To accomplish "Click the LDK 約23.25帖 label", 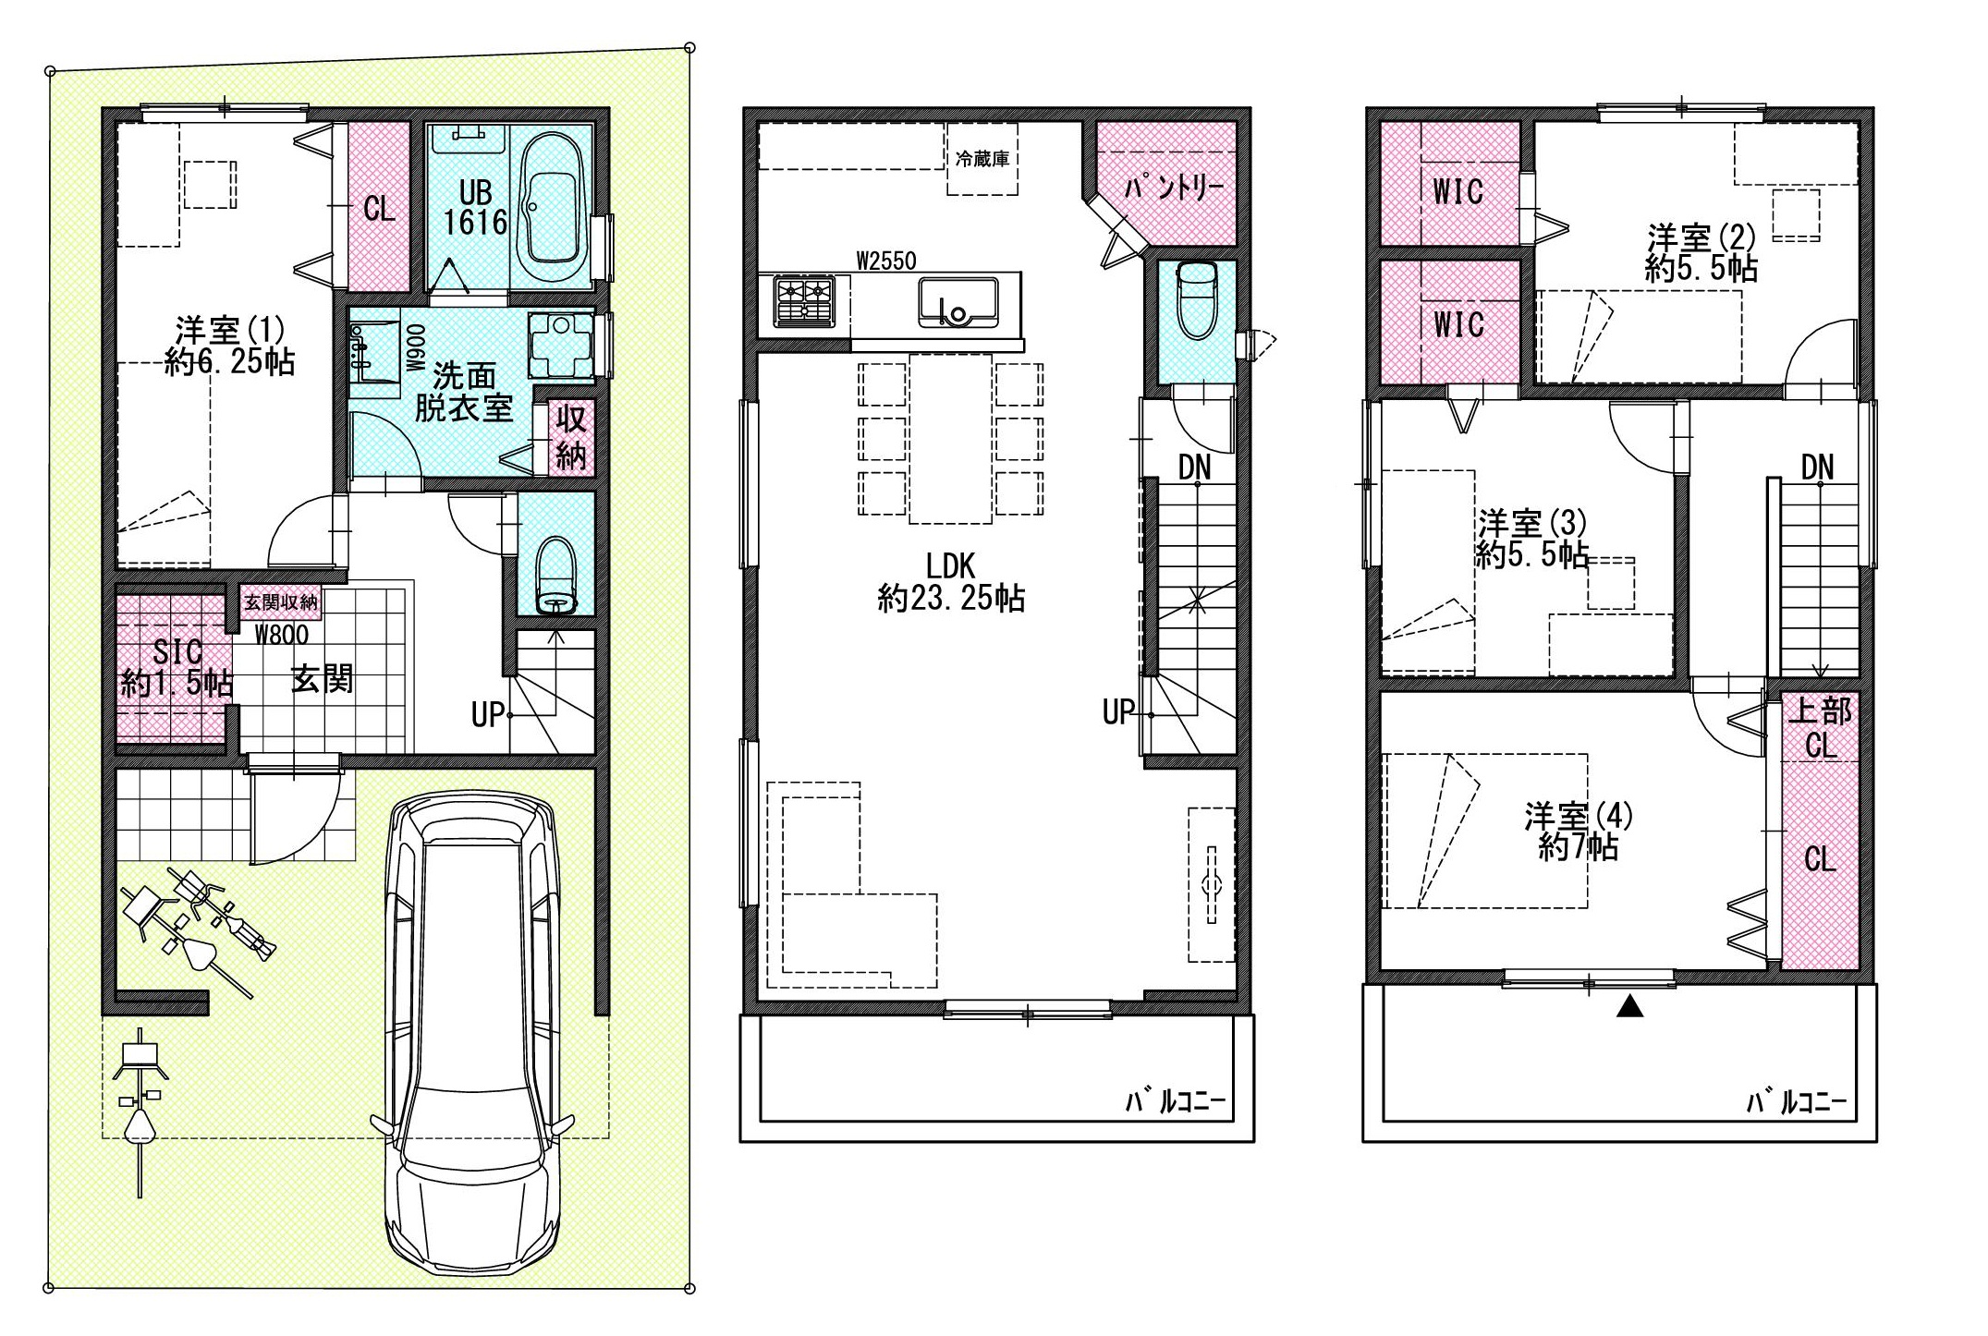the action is tap(951, 582).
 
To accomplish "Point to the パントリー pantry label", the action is tap(1173, 188).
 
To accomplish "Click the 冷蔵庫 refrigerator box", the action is tap(982, 158).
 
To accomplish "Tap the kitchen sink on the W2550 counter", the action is tap(958, 303).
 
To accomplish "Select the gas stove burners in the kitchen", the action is tap(804, 301).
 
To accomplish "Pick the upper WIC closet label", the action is tap(1457, 191).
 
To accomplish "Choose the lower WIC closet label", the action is tap(1457, 324).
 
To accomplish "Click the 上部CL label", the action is tap(1820, 727).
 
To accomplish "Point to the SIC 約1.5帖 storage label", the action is tap(176, 667).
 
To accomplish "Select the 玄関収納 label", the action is tap(281, 602).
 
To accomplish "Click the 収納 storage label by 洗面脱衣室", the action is tap(571, 438).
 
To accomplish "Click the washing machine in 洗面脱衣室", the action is tap(560, 346).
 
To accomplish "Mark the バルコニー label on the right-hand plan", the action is tap(1796, 1102).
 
